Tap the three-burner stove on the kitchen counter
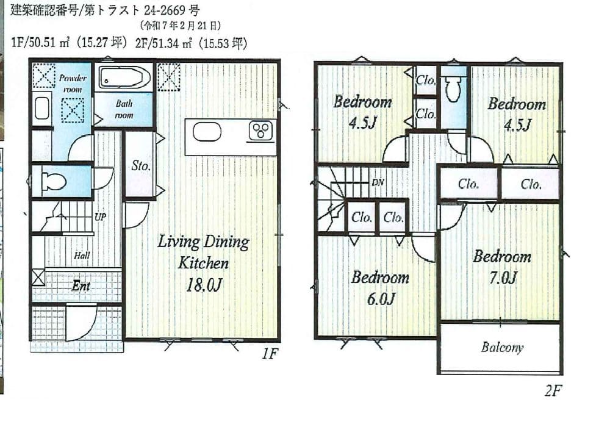tap(261, 131)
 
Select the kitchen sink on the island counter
tap(207, 131)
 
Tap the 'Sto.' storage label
tap(140, 166)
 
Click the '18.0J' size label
tap(204, 285)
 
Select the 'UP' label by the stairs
tap(100, 217)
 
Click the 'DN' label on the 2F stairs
tap(378, 182)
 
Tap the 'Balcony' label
tap(502, 347)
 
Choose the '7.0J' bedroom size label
tap(503, 278)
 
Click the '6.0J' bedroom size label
tap(381, 299)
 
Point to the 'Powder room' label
tap(73, 84)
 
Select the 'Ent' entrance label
tap(81, 286)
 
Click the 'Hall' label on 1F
tap(82, 256)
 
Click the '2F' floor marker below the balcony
tap(553, 390)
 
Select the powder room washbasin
tap(42, 108)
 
